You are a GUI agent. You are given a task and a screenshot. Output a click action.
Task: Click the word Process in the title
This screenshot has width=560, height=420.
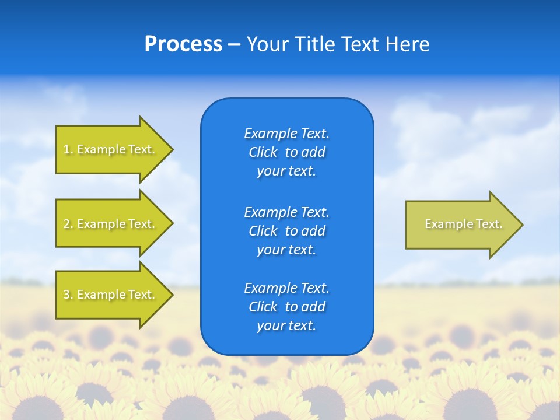[183, 44]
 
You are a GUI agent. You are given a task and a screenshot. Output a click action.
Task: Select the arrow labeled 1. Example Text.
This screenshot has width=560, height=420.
[111, 149]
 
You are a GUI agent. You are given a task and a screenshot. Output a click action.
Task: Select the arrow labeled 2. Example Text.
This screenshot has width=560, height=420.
[111, 224]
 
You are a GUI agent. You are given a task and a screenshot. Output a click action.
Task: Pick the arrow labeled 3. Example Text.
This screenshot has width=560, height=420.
[111, 295]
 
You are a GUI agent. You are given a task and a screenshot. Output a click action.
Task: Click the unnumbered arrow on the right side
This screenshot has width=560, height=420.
[461, 224]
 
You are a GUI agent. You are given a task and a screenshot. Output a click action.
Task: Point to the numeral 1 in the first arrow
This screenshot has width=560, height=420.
[66, 149]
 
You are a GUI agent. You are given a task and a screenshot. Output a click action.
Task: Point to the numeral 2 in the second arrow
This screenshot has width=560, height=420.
[66, 224]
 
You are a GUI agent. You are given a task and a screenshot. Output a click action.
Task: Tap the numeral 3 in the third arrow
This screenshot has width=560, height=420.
[66, 295]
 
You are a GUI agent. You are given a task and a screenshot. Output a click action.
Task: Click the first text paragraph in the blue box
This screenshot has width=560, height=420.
[286, 152]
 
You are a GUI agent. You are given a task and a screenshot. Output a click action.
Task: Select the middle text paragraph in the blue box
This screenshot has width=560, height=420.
[286, 231]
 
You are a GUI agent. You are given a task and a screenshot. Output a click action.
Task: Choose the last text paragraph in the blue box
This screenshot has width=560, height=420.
[286, 307]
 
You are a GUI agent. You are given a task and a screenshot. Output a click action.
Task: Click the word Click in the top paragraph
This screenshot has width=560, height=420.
[263, 152]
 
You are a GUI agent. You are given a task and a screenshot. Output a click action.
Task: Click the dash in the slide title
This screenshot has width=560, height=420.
[235, 44]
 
